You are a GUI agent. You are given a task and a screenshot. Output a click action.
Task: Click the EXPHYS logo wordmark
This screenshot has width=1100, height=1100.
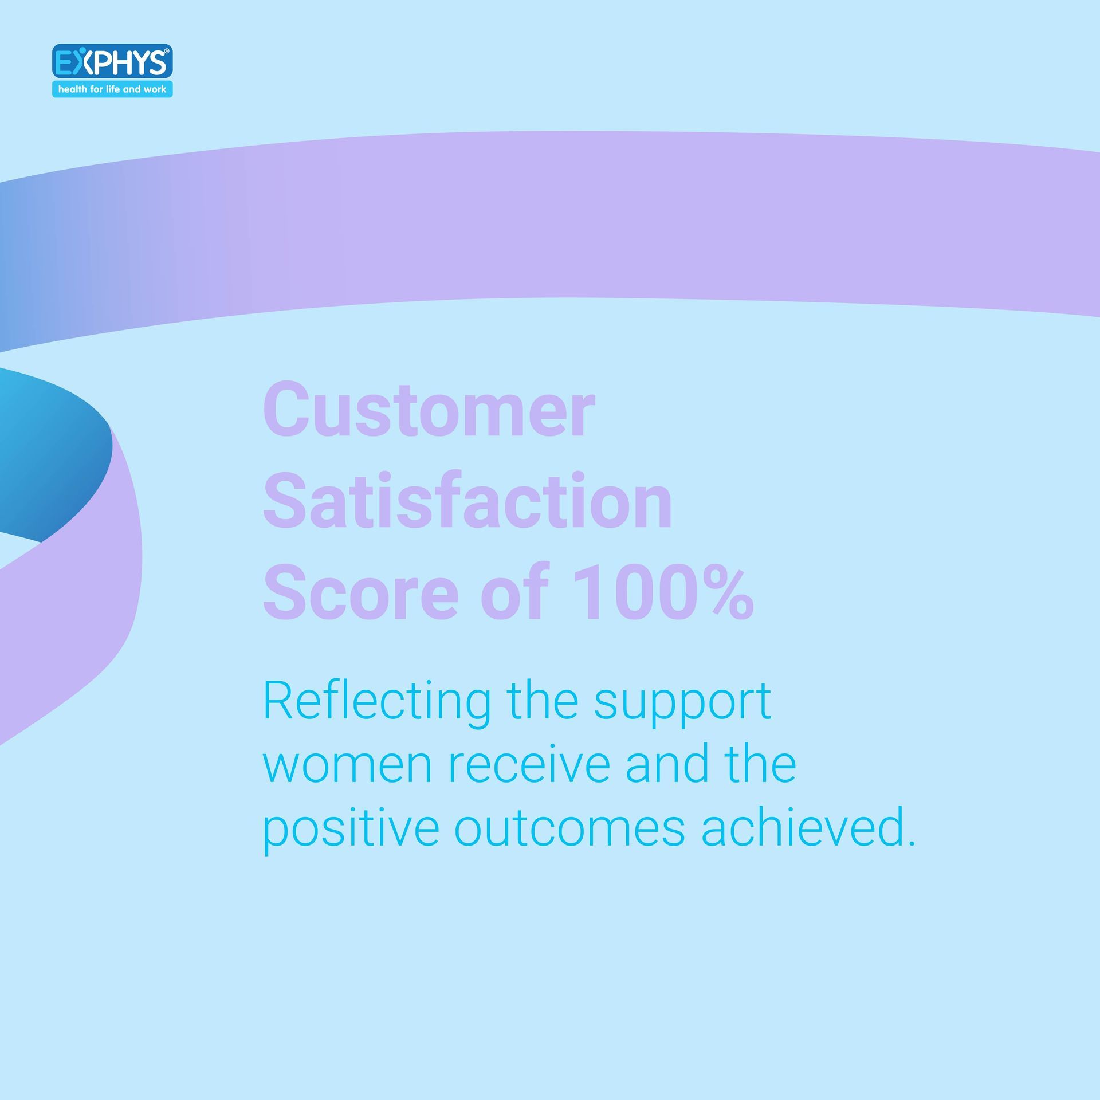112,62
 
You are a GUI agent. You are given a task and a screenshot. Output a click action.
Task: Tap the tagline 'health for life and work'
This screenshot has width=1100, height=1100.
112,89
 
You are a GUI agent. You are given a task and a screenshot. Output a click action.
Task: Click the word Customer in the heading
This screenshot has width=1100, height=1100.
429,410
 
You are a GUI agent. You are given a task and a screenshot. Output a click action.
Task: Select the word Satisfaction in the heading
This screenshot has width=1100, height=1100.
467,500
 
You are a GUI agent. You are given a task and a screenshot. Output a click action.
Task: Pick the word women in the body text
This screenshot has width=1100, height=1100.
347,767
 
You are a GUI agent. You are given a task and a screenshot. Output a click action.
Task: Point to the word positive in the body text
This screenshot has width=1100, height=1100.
351,829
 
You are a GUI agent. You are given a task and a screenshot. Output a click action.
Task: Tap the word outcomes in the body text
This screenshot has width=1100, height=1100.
569,828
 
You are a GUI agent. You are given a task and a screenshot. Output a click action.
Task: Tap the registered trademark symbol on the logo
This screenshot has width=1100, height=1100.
167,51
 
